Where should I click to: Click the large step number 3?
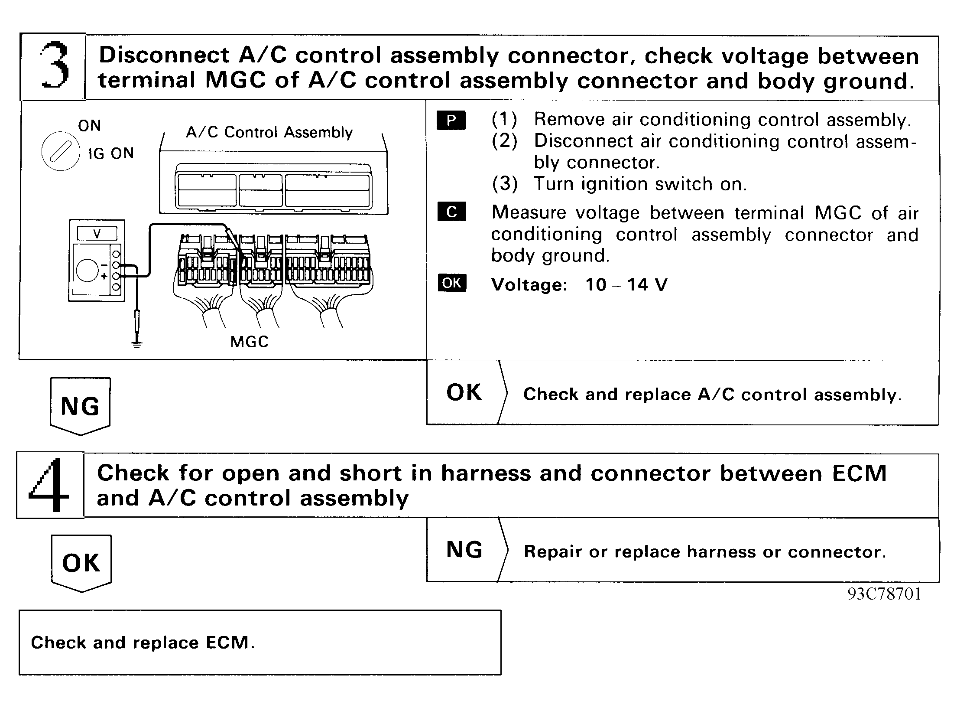click(x=54, y=66)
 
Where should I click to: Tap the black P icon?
click(x=451, y=120)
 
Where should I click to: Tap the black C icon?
click(x=451, y=212)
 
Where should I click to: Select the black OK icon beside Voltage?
click(x=452, y=283)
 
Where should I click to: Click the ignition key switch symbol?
click(x=60, y=151)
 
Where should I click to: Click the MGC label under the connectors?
click(x=249, y=342)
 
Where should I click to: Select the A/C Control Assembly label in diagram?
click(x=269, y=132)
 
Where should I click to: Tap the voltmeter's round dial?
click(x=88, y=270)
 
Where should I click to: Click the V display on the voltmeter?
click(x=97, y=234)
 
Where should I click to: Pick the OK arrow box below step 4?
click(x=81, y=563)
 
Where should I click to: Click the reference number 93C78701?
click(x=884, y=594)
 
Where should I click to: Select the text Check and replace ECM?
click(x=143, y=643)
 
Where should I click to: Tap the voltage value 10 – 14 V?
click(x=626, y=285)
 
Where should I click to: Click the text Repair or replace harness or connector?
click(x=705, y=552)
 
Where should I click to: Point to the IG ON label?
click(x=111, y=153)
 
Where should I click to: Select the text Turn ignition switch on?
click(x=640, y=184)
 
